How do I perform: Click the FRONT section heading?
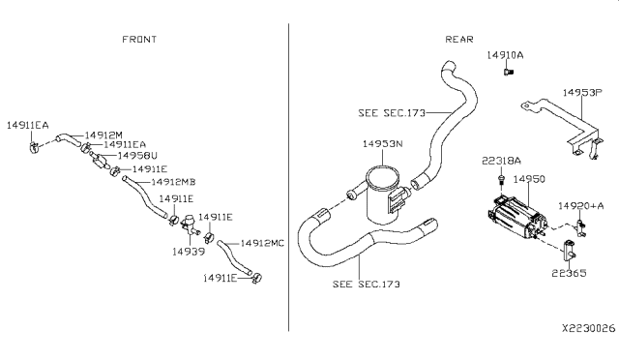(x=139, y=40)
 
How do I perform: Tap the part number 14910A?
(x=504, y=56)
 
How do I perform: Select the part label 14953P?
(x=583, y=93)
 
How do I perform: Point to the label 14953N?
(x=381, y=143)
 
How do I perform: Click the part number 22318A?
(x=501, y=161)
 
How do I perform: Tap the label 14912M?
(x=104, y=135)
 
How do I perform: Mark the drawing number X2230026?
(x=583, y=329)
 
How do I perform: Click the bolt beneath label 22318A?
(x=501, y=179)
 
